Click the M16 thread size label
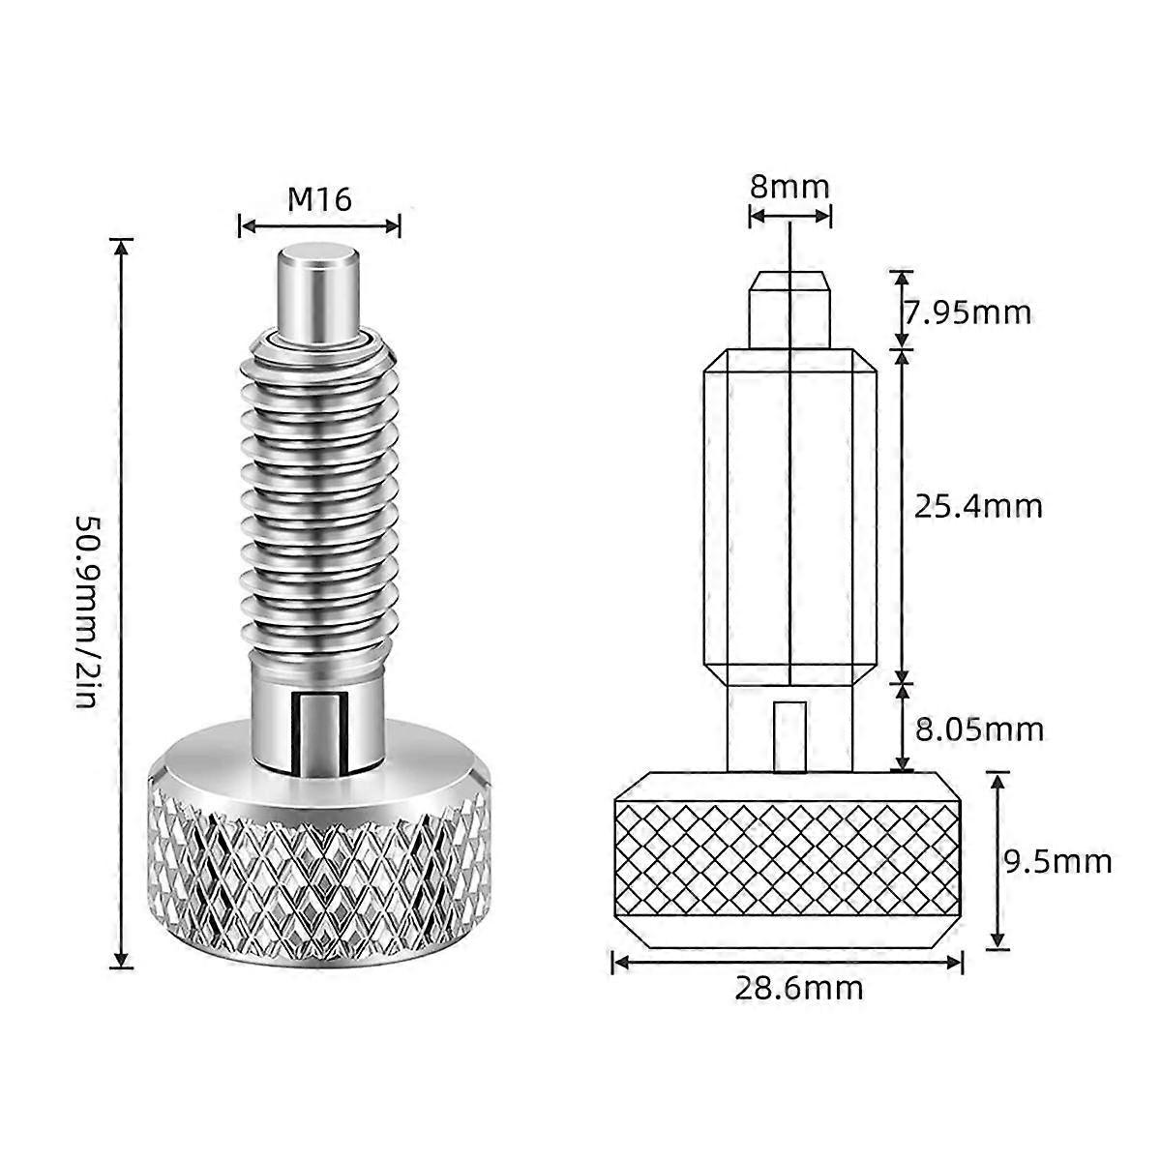point(319,198)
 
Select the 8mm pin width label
point(789,185)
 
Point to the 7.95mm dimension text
point(967,313)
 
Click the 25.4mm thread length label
point(979,506)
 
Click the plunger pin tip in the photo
point(318,290)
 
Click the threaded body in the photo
point(318,493)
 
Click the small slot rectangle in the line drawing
point(790,735)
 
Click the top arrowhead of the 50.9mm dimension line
point(121,247)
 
